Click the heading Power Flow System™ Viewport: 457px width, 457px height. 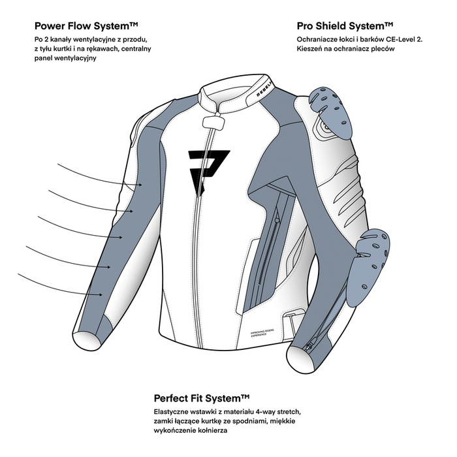click(86, 27)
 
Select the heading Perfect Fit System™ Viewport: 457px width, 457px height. click(202, 398)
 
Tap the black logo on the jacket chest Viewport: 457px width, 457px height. click(208, 166)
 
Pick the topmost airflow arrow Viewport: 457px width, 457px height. click(98, 175)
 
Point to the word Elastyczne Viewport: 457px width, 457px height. click(175, 412)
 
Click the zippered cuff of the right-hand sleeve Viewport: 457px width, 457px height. click(307, 353)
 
